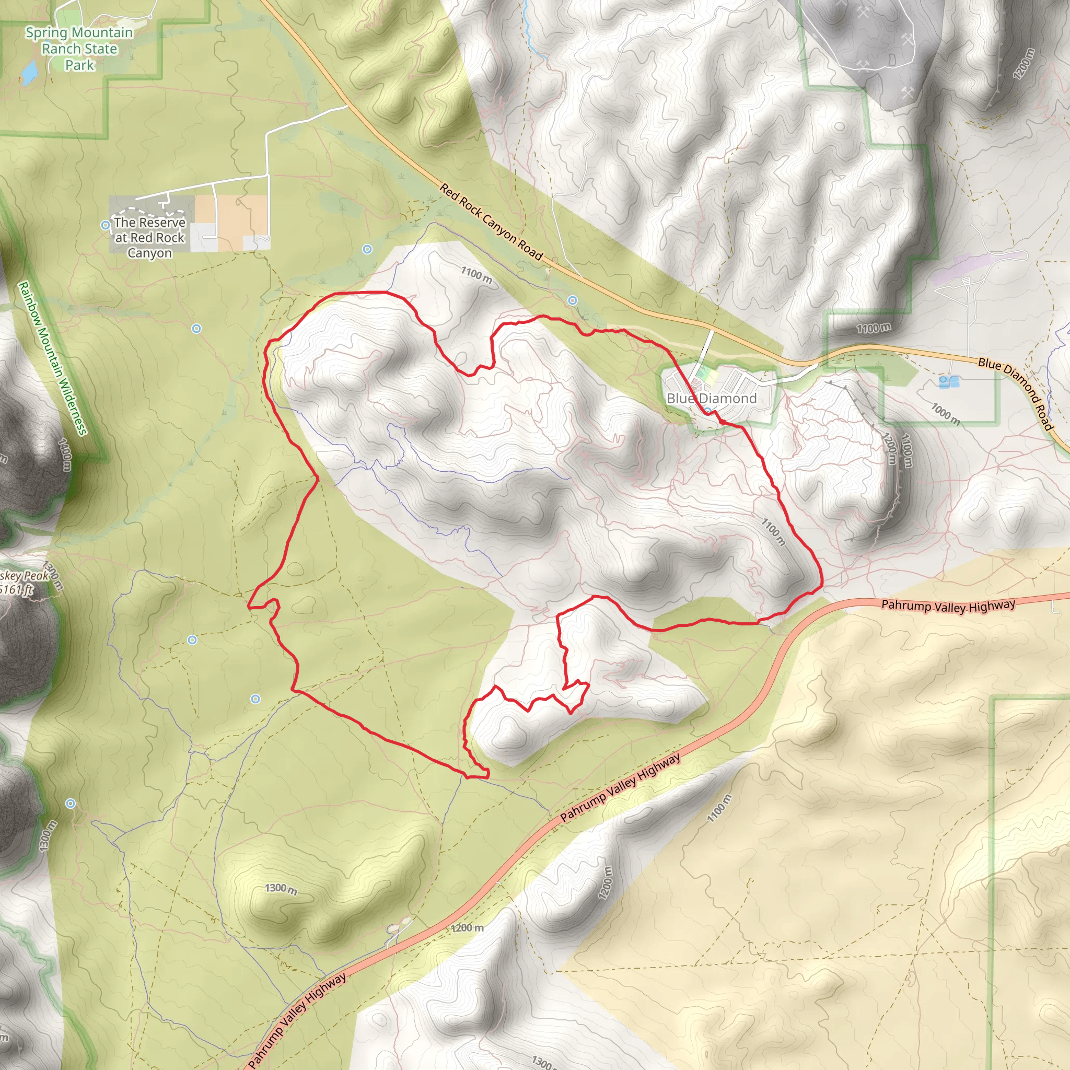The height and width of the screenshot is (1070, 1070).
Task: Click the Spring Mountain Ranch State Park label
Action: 79,49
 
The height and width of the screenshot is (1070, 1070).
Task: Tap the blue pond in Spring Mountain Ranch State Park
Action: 29,73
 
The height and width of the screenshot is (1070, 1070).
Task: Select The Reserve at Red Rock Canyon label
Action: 149,238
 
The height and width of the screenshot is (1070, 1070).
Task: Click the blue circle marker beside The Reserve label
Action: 105,225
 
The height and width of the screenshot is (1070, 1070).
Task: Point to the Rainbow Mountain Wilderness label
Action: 53,358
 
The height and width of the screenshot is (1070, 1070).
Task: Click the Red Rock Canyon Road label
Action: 491,222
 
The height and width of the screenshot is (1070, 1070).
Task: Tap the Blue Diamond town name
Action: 711,398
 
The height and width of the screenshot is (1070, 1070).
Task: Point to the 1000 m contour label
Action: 945,414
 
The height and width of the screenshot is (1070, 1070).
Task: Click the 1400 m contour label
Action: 65,454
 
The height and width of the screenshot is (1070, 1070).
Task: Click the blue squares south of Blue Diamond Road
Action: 949,381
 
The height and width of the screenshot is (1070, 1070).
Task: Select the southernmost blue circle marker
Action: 71,803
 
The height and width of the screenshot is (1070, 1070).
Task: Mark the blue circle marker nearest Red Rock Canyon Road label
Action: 572,300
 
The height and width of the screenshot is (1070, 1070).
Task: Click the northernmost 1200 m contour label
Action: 1025,64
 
